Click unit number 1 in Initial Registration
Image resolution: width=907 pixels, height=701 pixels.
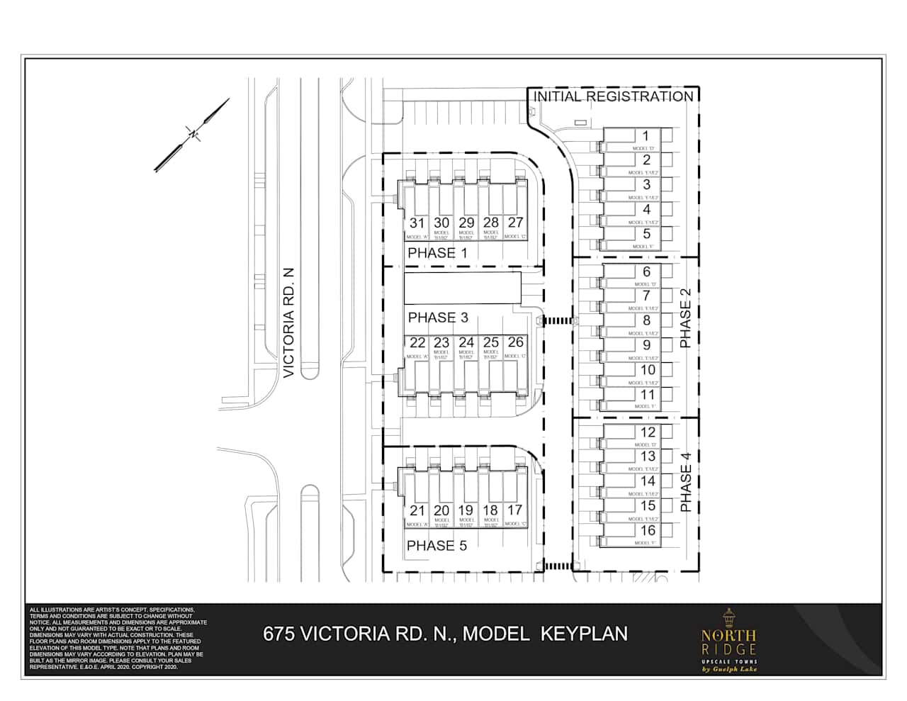click(x=646, y=136)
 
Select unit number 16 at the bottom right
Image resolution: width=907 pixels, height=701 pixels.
click(x=648, y=531)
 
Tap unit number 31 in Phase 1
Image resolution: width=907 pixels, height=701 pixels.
click(x=417, y=223)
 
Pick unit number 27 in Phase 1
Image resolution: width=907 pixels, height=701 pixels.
click(x=515, y=223)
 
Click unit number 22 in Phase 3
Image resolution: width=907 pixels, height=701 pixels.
click(x=417, y=343)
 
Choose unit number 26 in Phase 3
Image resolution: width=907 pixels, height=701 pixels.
click(x=515, y=342)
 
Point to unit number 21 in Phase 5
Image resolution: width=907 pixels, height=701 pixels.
click(x=417, y=510)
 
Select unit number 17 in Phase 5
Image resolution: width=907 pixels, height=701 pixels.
click(x=515, y=510)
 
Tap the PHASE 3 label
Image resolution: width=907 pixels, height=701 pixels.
click(x=438, y=318)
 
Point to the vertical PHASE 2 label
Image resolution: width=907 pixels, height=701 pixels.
click(x=685, y=323)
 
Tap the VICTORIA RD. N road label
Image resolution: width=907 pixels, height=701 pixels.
click(x=288, y=323)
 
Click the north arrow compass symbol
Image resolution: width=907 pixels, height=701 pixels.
click(x=192, y=134)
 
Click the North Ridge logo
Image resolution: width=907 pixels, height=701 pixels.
click(x=728, y=641)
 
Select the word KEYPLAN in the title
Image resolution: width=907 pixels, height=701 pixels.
click(x=585, y=633)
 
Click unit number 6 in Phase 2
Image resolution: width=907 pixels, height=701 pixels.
click(x=646, y=272)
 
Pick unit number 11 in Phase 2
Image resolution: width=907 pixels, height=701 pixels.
click(x=648, y=395)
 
